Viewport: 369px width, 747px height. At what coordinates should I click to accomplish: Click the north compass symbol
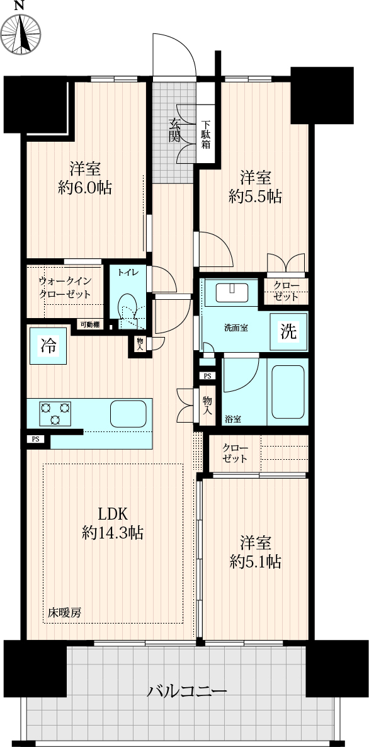(20, 33)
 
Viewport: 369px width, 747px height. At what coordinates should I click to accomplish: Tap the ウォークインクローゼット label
(65, 288)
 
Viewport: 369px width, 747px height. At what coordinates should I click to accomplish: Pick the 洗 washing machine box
(288, 331)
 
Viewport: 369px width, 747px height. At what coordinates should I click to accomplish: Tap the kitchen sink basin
(128, 414)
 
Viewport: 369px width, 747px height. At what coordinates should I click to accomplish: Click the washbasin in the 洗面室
(231, 292)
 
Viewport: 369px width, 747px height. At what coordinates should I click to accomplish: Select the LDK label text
(112, 515)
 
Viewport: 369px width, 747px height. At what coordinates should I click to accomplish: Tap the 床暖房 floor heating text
(64, 613)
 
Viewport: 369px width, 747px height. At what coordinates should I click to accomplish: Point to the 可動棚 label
(89, 324)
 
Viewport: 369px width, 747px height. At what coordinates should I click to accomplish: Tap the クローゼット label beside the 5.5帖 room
(286, 291)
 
